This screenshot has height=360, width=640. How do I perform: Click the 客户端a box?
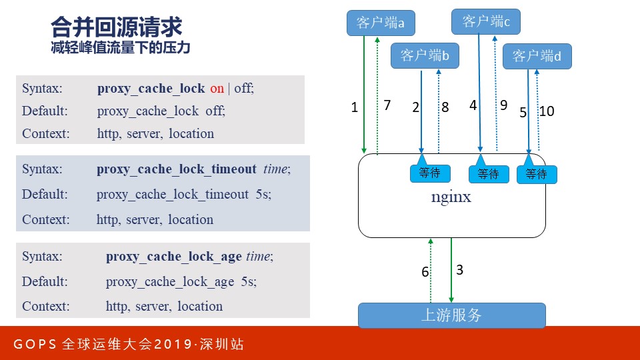(x=381, y=23)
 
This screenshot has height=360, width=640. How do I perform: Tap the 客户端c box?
(x=485, y=21)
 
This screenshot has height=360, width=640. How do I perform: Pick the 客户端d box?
(x=537, y=57)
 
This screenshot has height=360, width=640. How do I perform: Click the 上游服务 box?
(x=451, y=315)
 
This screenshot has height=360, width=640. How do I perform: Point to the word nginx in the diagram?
(x=451, y=197)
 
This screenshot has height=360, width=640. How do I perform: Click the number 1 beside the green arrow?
(x=355, y=107)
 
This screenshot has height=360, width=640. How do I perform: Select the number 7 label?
(x=387, y=105)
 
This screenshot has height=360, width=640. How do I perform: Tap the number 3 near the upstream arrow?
(x=459, y=270)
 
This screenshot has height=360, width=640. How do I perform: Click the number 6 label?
(x=425, y=272)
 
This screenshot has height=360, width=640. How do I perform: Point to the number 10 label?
(x=547, y=112)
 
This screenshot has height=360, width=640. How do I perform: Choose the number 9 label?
(x=503, y=105)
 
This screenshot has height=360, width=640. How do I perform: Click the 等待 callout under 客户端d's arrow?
(x=536, y=174)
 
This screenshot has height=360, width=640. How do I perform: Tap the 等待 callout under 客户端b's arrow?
(x=429, y=173)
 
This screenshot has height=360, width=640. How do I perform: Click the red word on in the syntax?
(x=217, y=88)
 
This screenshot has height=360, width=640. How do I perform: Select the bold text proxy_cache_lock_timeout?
(x=176, y=169)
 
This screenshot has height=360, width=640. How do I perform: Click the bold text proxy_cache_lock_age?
(x=174, y=256)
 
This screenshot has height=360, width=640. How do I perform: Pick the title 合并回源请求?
(x=116, y=28)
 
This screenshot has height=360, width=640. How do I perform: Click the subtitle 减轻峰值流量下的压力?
(x=120, y=48)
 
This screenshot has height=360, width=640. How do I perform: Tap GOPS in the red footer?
(x=34, y=345)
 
